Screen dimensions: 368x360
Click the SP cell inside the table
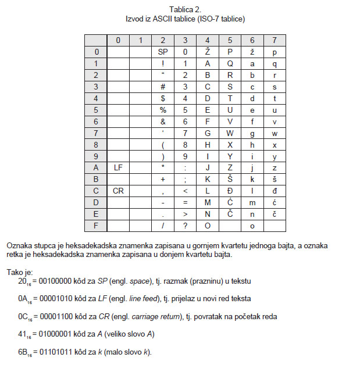(163, 52)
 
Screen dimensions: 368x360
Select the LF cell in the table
(118, 168)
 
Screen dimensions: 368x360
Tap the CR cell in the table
(118, 191)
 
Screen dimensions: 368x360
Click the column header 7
(275, 40)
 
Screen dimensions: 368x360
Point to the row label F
(96, 225)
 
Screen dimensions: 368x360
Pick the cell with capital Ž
(208, 52)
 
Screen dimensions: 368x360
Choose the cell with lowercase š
(275, 179)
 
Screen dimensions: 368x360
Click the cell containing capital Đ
(230, 191)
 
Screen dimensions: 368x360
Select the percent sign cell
(163, 110)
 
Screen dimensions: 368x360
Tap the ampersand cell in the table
(163, 122)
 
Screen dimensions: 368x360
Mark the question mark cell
(185, 225)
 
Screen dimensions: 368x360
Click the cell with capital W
(230, 133)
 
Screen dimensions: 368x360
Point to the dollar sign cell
(163, 98)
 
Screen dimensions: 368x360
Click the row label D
(96, 202)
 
